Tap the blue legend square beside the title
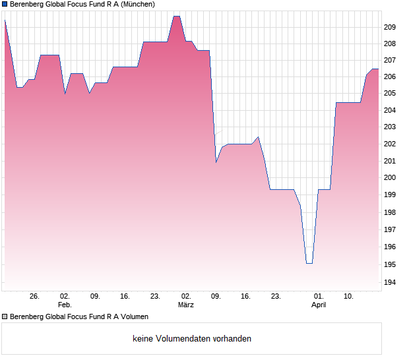point(5,4)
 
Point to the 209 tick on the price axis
point(389,27)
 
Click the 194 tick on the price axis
point(389,282)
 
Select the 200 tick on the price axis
point(389,177)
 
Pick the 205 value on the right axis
point(389,94)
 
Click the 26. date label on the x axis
point(34,296)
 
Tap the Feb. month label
point(64,305)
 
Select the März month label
point(185,305)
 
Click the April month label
point(319,305)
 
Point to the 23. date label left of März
point(155,296)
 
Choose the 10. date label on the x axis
point(349,296)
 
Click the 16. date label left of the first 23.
point(125,296)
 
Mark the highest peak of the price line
point(176,16)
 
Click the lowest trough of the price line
point(309,263)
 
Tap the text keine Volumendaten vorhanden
point(192,338)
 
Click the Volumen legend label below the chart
point(79,316)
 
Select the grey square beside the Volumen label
point(5,316)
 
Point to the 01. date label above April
point(319,296)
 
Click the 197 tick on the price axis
point(389,229)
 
